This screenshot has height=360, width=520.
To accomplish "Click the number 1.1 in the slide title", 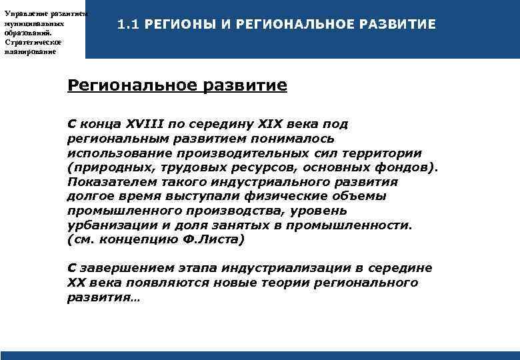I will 126,25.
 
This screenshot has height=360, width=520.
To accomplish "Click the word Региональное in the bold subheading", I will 124,86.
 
